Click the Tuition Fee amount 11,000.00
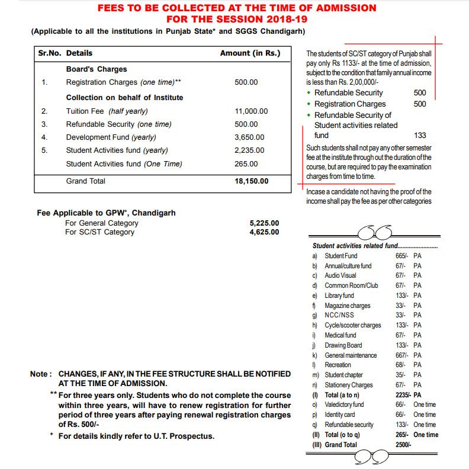tap(251, 111)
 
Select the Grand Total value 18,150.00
tap(252, 181)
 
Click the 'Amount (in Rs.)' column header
tap(250, 53)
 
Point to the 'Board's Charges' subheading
tap(97, 69)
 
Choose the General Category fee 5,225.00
tap(264, 223)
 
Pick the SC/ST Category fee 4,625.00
tap(264, 232)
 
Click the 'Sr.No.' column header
tap(50, 53)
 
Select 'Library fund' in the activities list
tap(339, 295)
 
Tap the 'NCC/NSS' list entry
tap(339, 316)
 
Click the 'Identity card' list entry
tap(340, 415)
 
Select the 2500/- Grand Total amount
tap(404, 445)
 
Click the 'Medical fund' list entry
tap(340, 335)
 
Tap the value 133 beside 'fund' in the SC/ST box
tap(420, 136)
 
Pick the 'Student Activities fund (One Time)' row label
tap(124, 164)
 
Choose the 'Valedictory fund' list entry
tap(344, 404)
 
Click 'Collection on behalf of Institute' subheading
tap(124, 98)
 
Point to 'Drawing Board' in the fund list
tap(343, 345)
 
